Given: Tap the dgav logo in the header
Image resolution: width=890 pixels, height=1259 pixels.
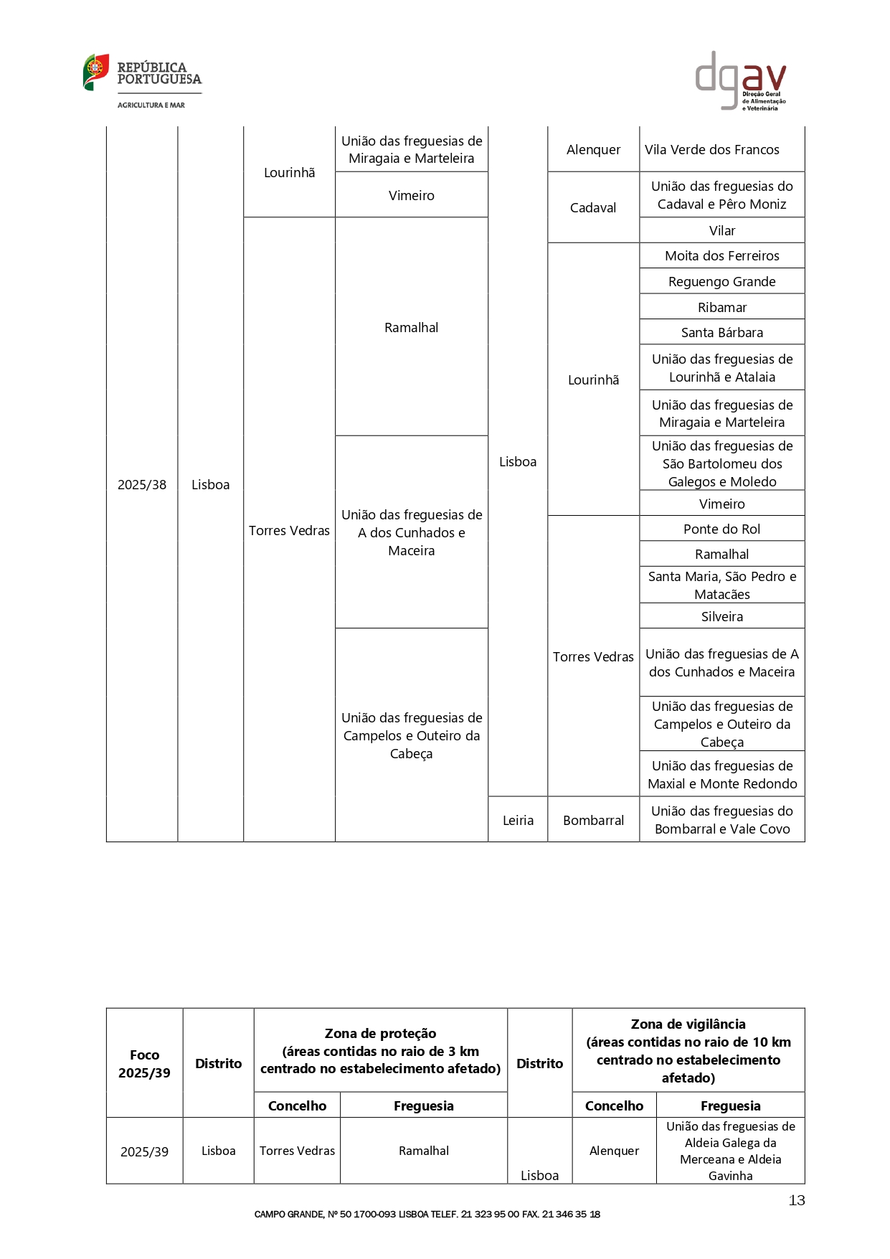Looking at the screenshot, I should (741, 80).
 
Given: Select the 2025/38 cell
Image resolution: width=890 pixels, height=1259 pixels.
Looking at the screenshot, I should (142, 485).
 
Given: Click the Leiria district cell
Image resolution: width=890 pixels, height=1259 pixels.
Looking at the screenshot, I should (518, 820).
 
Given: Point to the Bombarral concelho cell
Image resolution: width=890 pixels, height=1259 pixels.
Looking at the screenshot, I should (593, 820).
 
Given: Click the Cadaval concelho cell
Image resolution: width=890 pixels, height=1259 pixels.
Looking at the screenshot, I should (593, 208).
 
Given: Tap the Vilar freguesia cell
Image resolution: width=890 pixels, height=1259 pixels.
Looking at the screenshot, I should (722, 231).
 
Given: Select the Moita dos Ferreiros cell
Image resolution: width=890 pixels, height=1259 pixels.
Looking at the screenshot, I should (722, 256).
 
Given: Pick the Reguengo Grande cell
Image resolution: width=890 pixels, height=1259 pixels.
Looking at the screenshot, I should (722, 282).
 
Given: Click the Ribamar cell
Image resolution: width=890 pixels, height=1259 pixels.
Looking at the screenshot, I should (722, 308).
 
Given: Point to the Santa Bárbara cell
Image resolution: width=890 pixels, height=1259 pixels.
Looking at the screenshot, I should (722, 333).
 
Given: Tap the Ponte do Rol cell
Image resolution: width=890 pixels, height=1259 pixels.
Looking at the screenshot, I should (722, 529).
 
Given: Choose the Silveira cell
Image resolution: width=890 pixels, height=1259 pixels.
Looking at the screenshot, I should (722, 617).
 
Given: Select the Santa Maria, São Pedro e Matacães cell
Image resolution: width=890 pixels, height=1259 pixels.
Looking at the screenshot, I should (722, 585).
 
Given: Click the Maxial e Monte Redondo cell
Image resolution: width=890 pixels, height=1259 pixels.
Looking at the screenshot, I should (722, 775).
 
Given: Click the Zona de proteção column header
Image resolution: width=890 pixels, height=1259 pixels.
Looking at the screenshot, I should (380, 1051).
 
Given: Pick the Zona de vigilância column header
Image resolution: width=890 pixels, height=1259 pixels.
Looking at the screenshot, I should (688, 1051).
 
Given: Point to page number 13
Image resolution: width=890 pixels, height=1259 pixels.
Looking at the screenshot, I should (797, 1200).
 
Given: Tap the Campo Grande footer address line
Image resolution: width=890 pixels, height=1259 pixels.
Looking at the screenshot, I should (427, 1215).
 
